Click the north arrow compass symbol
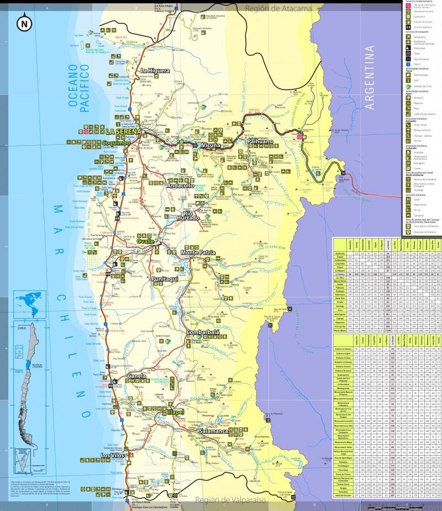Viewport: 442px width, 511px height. point(23,24)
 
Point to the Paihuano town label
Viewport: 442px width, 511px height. point(260,141)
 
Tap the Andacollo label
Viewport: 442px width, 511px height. point(181,186)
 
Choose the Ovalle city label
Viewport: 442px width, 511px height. point(146,241)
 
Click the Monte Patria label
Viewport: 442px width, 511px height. point(198,252)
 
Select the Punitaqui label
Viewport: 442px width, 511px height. point(166,279)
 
